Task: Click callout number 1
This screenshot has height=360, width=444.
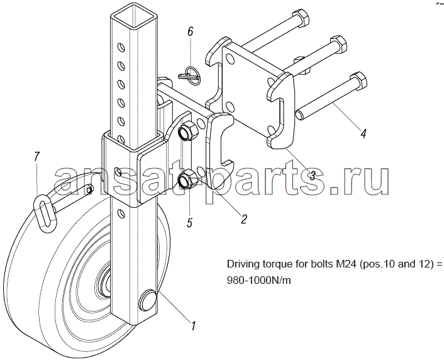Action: click(192, 326)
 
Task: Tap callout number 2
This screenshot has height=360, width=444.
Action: click(243, 219)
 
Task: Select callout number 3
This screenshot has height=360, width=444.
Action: click(312, 176)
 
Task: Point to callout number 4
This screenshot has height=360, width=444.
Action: click(364, 133)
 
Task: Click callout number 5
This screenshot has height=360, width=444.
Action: click(189, 222)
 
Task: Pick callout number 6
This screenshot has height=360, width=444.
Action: click(191, 31)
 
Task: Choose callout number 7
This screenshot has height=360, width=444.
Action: click(36, 157)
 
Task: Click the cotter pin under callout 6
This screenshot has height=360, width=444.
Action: click(189, 75)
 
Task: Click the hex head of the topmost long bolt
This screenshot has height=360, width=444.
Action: click(301, 18)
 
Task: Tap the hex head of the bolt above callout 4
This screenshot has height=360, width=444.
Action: click(358, 81)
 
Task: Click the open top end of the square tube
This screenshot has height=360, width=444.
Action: click(132, 15)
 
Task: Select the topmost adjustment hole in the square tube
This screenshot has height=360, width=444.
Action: click(121, 47)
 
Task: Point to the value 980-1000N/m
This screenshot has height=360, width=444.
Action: click(259, 280)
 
